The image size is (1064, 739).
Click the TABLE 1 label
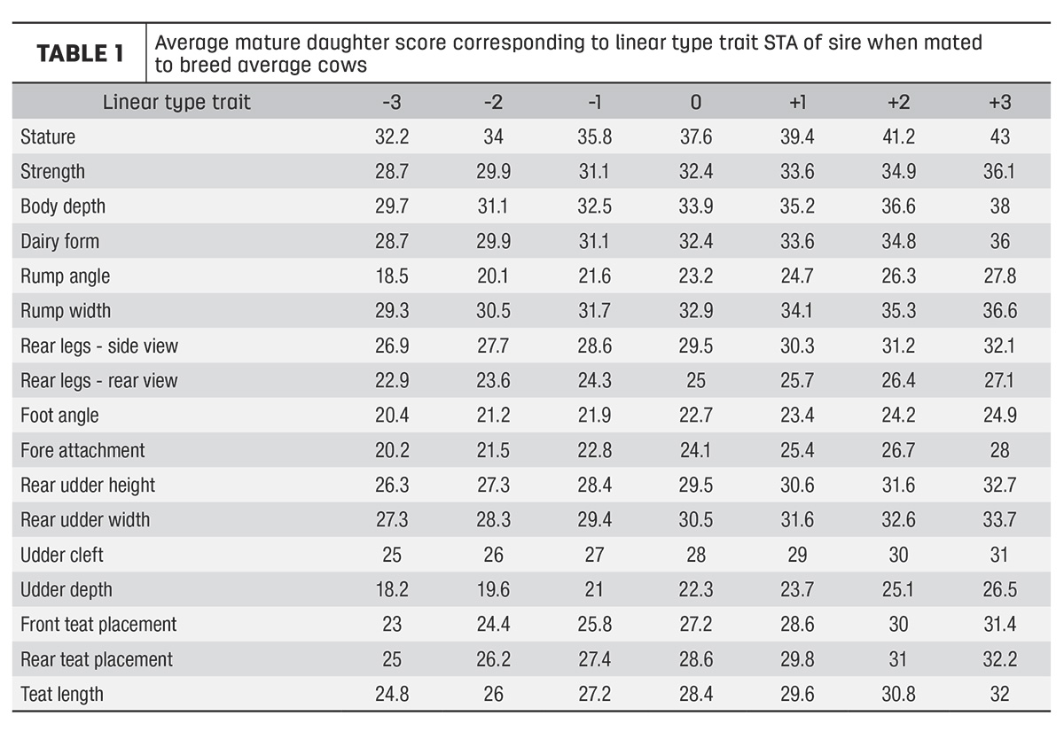81,53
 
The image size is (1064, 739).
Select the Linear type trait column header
176,102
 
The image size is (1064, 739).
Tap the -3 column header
392,103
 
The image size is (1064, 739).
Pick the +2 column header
899,103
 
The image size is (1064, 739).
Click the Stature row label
48,137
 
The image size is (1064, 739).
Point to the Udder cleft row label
62,555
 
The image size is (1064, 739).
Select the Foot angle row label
60,416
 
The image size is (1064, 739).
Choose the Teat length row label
62,695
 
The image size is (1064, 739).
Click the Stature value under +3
1000,137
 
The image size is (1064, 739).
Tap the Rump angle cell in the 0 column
696,276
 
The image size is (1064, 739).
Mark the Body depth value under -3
392,206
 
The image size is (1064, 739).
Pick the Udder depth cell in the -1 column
594,590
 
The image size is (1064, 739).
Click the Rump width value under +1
796,311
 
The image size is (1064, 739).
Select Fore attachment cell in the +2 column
899,450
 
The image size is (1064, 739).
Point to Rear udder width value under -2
494,520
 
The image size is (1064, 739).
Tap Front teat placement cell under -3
392,625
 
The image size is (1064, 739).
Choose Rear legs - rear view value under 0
696,381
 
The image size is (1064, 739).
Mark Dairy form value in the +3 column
1000,242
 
